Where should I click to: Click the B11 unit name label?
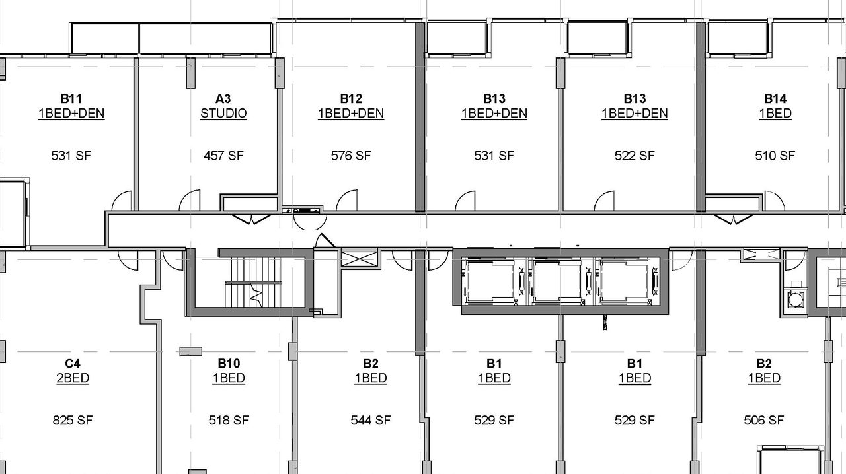click(x=71, y=98)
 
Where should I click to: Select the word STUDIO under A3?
click(x=223, y=114)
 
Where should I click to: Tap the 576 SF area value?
click(x=351, y=156)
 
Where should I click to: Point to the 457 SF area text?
click(x=223, y=156)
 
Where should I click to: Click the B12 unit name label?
click(x=351, y=98)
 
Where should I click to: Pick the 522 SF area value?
click(x=634, y=156)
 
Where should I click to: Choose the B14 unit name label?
click(x=775, y=98)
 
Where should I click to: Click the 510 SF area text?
click(x=775, y=156)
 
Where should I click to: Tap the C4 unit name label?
click(x=73, y=363)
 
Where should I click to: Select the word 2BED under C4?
click(x=73, y=378)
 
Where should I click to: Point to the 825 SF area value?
click(x=73, y=420)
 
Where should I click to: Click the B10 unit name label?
click(x=229, y=363)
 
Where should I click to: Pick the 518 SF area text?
click(x=229, y=420)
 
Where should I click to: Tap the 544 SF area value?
click(x=371, y=420)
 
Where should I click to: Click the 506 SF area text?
click(x=764, y=420)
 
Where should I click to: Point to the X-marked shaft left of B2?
click(x=358, y=258)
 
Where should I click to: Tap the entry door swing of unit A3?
click(x=190, y=201)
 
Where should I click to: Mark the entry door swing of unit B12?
click(x=348, y=201)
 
